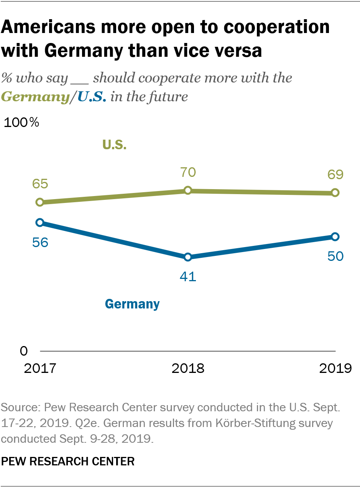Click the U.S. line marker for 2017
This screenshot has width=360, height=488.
pos(39,202)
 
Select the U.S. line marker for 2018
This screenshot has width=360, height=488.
pos(187,190)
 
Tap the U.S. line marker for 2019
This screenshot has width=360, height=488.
pos(335,193)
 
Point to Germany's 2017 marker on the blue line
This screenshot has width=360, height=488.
pos(39,223)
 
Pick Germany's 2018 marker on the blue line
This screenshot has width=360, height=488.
pos(187,257)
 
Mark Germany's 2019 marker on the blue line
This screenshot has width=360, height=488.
pos(335,236)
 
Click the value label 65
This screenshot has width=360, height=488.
pos(40,184)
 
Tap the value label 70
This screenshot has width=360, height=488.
pos(188,172)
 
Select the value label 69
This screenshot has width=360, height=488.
pos(335,175)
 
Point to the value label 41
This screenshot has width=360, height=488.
pos(188,277)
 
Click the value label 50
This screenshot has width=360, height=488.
pos(335,256)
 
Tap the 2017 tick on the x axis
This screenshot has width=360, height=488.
pos(40,368)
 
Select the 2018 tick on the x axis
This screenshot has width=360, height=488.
pos(188,368)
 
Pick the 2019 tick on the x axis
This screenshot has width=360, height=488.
pos(335,368)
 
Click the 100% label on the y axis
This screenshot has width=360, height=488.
pos(21,123)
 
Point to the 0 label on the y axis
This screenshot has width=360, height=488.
pos(24,351)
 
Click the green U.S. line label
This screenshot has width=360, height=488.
pos(114,145)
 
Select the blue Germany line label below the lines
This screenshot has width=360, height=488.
pos(132,304)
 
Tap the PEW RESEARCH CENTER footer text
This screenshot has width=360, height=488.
pos(68,461)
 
